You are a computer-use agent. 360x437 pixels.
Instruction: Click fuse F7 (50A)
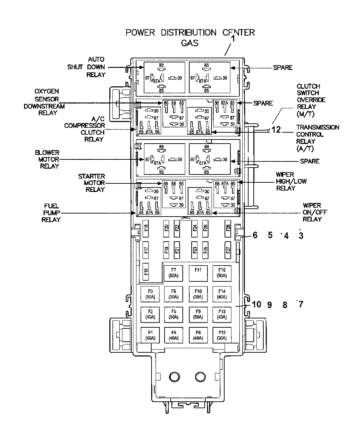point(173,273)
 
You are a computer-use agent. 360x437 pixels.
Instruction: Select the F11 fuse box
point(198,273)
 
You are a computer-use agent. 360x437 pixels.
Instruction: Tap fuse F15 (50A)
point(222,273)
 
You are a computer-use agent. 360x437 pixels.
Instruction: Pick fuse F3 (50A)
point(150,294)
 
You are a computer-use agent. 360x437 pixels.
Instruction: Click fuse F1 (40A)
point(150,335)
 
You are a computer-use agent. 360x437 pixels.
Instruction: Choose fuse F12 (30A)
point(222,335)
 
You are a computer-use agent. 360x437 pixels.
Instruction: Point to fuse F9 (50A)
point(198,315)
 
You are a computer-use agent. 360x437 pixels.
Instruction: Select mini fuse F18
point(146,229)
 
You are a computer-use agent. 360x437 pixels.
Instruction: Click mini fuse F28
point(228,229)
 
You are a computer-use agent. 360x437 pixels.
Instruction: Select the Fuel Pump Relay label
point(51,213)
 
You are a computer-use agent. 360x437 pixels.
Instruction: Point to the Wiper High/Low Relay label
point(291,181)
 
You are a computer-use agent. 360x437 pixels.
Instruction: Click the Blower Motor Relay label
point(47,159)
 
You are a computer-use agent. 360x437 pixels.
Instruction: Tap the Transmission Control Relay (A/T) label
point(317,138)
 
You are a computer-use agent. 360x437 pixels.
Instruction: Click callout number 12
point(276,130)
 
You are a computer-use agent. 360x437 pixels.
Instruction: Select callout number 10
point(256,304)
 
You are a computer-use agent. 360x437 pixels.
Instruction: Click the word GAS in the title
point(190,43)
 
